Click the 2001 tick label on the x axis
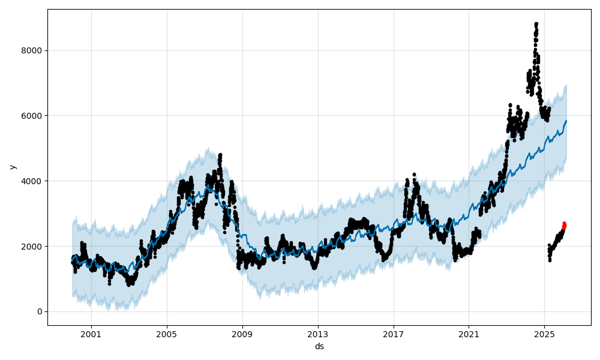(x=91, y=334)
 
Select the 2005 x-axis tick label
(x=167, y=334)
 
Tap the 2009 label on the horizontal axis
(x=242, y=334)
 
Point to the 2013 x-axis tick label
(x=318, y=334)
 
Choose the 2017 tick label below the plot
(x=394, y=334)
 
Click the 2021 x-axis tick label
(x=469, y=334)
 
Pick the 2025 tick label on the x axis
(x=544, y=334)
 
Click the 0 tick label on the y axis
(x=40, y=311)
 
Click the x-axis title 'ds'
(x=319, y=346)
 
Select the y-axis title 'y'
(x=12, y=167)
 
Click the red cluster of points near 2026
(x=564, y=226)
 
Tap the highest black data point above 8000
(x=536, y=24)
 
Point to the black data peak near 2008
(x=220, y=155)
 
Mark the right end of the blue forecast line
(x=566, y=121)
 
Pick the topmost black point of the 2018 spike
(x=414, y=175)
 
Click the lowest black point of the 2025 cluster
(x=550, y=260)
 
